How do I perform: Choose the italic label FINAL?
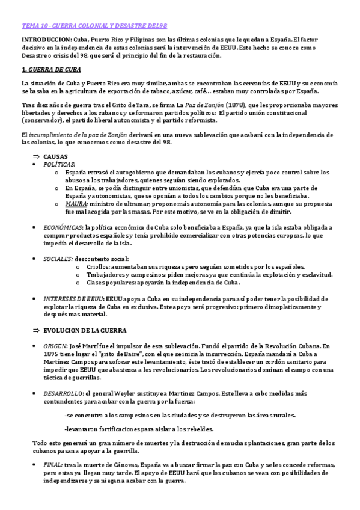(x=52, y=464)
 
